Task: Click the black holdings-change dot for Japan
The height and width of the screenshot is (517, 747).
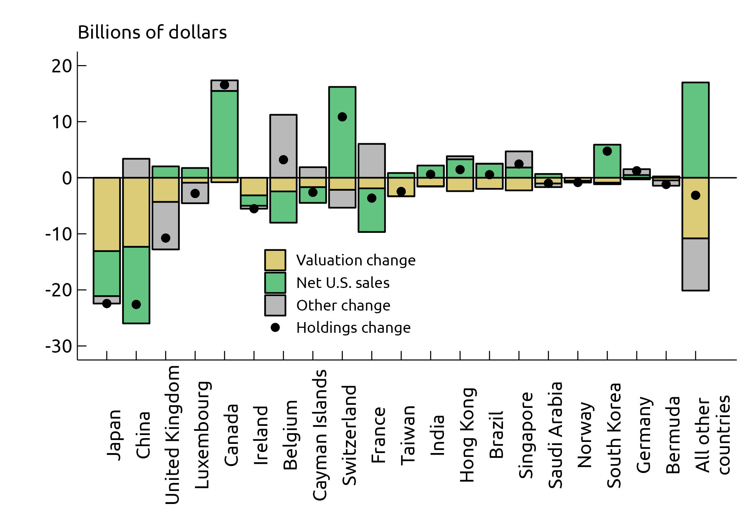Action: coord(107,303)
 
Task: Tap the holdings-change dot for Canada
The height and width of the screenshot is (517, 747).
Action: coord(224,85)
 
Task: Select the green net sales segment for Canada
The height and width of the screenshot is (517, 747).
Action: coord(224,134)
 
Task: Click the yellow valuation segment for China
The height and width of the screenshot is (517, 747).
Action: coord(136,212)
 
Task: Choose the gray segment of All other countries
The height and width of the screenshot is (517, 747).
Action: coord(696,264)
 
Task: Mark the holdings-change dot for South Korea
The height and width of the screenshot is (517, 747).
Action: coord(607,151)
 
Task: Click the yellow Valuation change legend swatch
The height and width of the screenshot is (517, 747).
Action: coord(275,260)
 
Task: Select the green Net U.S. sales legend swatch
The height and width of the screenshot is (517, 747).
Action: coord(275,283)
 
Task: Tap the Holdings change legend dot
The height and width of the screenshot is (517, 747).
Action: coord(275,327)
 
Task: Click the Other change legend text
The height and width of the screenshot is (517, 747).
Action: coord(343,306)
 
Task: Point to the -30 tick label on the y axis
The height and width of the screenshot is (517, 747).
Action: coord(59,347)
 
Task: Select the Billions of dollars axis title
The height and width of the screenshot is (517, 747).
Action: coord(152,32)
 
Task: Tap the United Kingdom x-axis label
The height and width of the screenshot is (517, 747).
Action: coord(172,435)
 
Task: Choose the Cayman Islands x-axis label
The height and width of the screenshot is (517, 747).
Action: coord(320,435)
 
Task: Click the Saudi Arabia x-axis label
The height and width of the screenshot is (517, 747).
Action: coord(555,435)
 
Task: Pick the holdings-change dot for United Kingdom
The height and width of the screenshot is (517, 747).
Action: coord(165,238)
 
